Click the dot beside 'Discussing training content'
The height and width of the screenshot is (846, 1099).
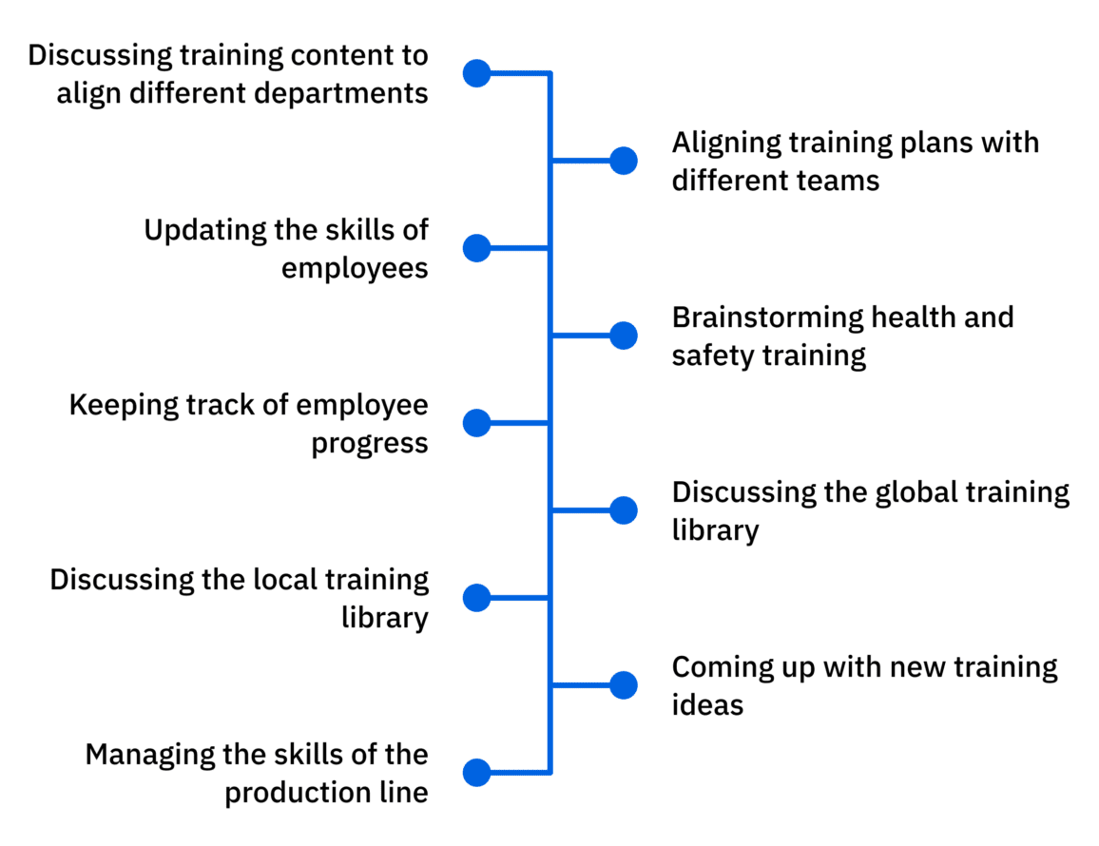point(476,73)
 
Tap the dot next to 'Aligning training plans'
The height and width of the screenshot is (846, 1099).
point(623,161)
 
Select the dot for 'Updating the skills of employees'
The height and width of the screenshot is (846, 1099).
point(476,248)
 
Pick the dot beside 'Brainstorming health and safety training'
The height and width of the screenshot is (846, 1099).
point(623,336)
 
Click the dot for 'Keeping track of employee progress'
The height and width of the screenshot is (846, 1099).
point(476,423)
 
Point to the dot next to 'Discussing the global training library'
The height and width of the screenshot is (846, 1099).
point(623,510)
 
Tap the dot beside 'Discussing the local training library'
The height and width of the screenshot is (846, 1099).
point(476,598)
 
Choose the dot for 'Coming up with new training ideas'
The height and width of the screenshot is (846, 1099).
point(623,685)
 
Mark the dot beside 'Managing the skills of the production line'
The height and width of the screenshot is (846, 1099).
point(476,772)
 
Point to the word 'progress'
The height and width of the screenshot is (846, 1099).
point(369,444)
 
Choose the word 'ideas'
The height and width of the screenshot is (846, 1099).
point(707,705)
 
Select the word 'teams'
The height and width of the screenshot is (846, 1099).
point(839,181)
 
